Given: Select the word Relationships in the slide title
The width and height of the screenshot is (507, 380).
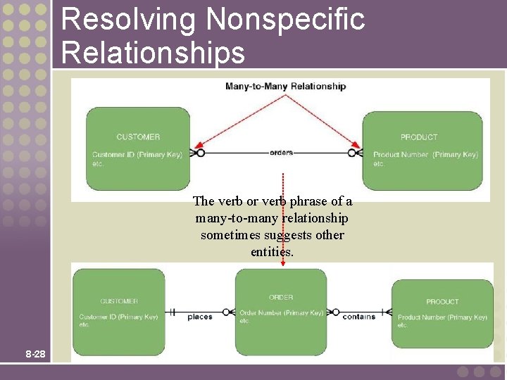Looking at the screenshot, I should [154, 52].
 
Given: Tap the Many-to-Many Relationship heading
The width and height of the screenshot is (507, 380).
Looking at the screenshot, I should [285, 87].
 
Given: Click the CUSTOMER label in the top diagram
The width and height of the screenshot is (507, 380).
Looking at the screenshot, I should [138, 137].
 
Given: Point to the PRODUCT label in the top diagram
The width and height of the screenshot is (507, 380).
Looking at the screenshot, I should [419, 137].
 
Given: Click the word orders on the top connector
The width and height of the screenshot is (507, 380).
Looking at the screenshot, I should [281, 152].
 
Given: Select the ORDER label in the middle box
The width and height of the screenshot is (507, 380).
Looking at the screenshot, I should [281, 297].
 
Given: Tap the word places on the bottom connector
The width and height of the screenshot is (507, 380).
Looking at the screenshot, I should [200, 317].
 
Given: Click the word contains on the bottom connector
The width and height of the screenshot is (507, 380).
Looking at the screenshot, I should [359, 317].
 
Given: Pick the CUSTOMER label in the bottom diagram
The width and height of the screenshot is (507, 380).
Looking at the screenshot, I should [119, 301].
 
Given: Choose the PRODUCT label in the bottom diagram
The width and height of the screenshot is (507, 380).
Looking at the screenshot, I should [442, 302].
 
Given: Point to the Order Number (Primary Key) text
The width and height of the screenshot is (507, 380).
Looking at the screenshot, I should [281, 312].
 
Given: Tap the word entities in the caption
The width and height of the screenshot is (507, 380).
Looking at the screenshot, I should [271, 251].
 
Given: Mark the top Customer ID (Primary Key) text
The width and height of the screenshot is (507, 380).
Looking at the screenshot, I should [137, 155].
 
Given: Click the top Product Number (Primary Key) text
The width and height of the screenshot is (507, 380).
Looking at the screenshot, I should [425, 155].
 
